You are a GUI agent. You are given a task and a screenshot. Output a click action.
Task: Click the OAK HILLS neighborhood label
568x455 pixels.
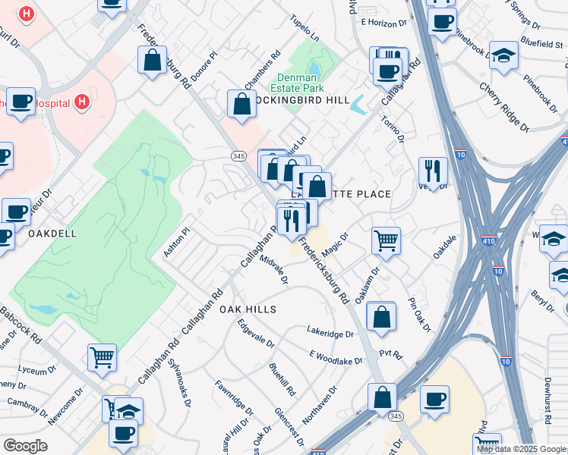point(248,310)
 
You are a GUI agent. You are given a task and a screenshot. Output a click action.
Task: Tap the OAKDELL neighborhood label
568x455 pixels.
point(52,234)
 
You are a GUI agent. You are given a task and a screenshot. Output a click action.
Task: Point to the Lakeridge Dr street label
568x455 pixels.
point(330,333)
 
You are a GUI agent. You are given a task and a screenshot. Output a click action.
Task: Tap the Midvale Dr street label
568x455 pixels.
point(274,270)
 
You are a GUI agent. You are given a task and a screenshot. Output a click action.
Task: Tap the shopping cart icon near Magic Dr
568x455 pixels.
point(386,241)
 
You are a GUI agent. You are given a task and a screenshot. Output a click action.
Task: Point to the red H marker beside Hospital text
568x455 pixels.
point(83,102)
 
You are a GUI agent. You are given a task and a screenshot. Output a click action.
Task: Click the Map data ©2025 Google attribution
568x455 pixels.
point(521,449)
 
